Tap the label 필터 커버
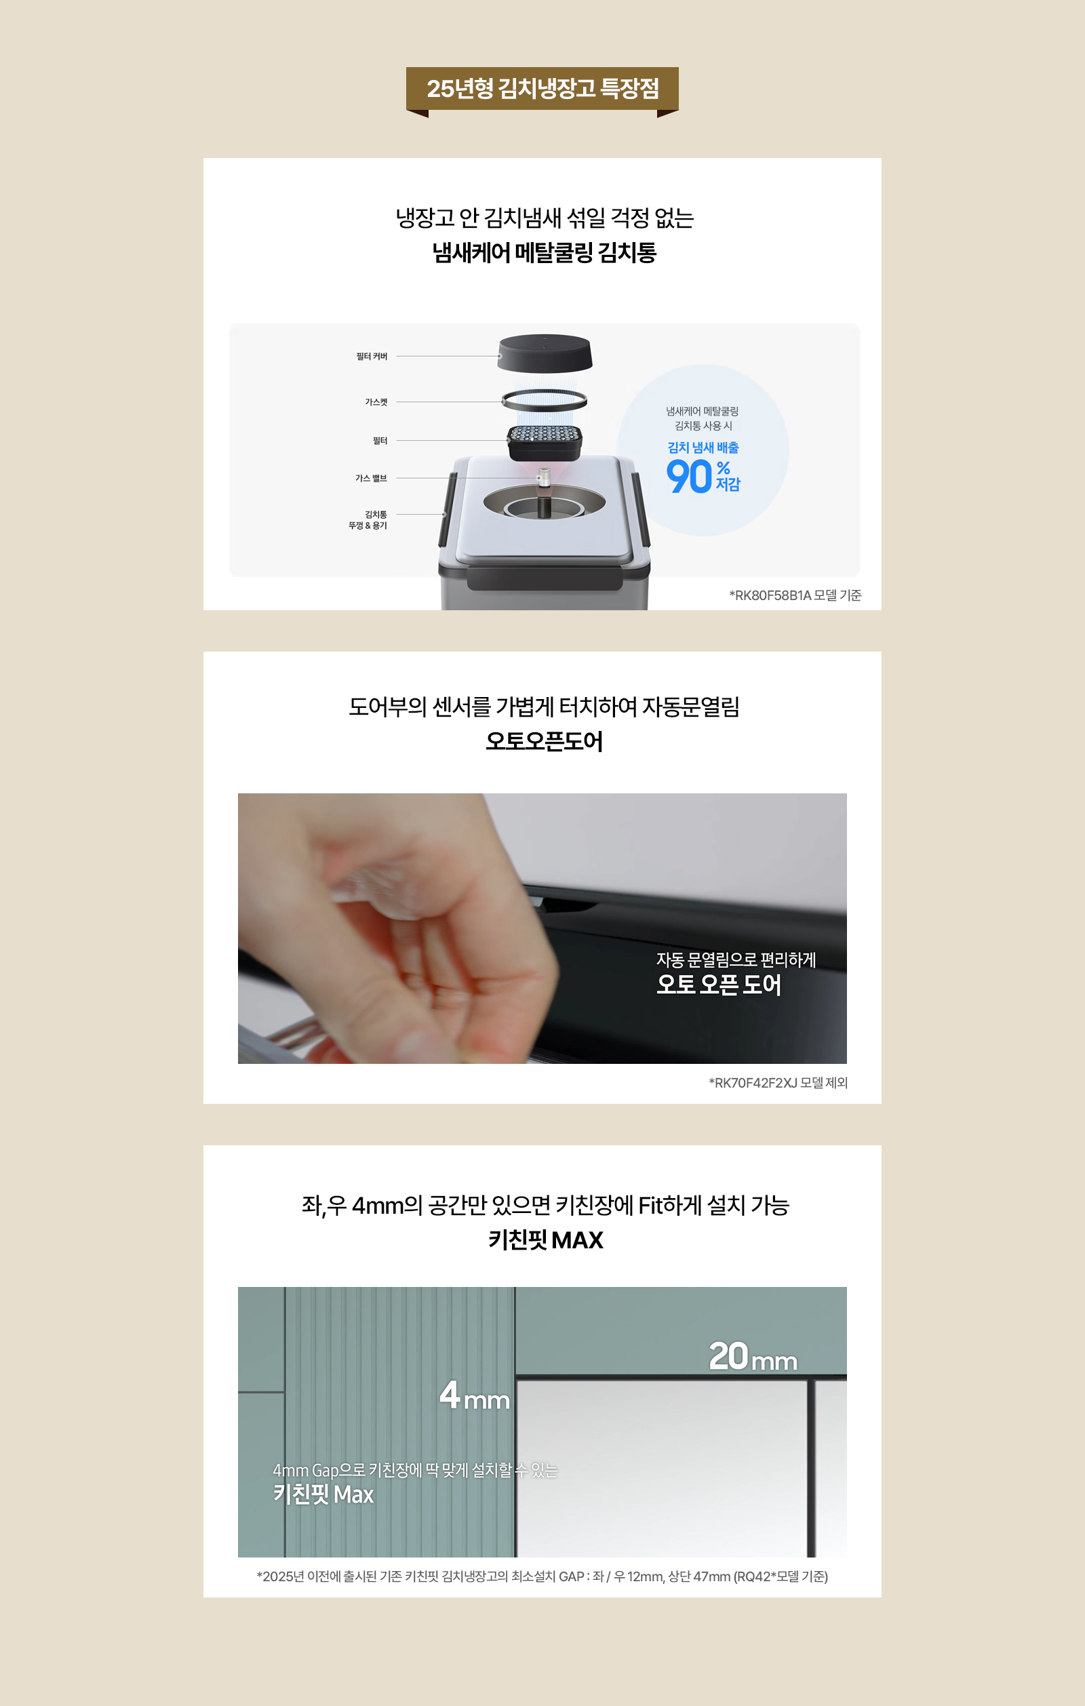tap(372, 357)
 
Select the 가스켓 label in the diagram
tap(376, 401)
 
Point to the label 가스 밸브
tap(371, 478)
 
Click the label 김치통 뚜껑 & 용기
tap(368, 520)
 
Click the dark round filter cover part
tap(545, 352)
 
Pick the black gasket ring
tap(545, 399)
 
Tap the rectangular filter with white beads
tap(545, 441)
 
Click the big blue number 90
tap(689, 477)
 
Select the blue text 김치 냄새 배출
tap(703, 448)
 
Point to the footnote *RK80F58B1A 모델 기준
tap(795, 595)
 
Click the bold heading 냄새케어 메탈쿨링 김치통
tap(544, 253)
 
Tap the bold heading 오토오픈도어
tap(544, 742)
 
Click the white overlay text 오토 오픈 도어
tap(718, 985)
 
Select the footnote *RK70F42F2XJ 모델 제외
tap(777, 1083)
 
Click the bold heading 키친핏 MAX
tap(545, 1239)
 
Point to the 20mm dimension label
tap(753, 1356)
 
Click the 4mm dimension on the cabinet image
tap(474, 1395)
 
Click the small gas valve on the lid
tap(544, 477)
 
